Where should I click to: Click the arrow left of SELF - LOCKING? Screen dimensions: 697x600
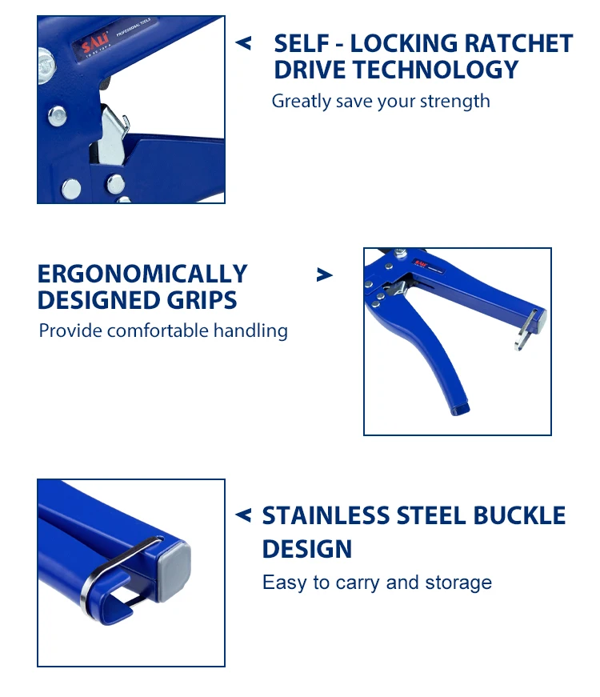[x=243, y=43]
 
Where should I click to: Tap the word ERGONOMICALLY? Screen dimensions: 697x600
[x=142, y=274]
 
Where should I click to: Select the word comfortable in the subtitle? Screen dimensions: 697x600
[x=170, y=330]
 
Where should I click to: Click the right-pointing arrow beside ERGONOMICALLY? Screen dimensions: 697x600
[x=324, y=274]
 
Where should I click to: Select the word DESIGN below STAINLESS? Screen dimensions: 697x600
[x=307, y=549]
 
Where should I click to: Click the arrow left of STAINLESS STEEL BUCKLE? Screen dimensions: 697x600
[x=243, y=515]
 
